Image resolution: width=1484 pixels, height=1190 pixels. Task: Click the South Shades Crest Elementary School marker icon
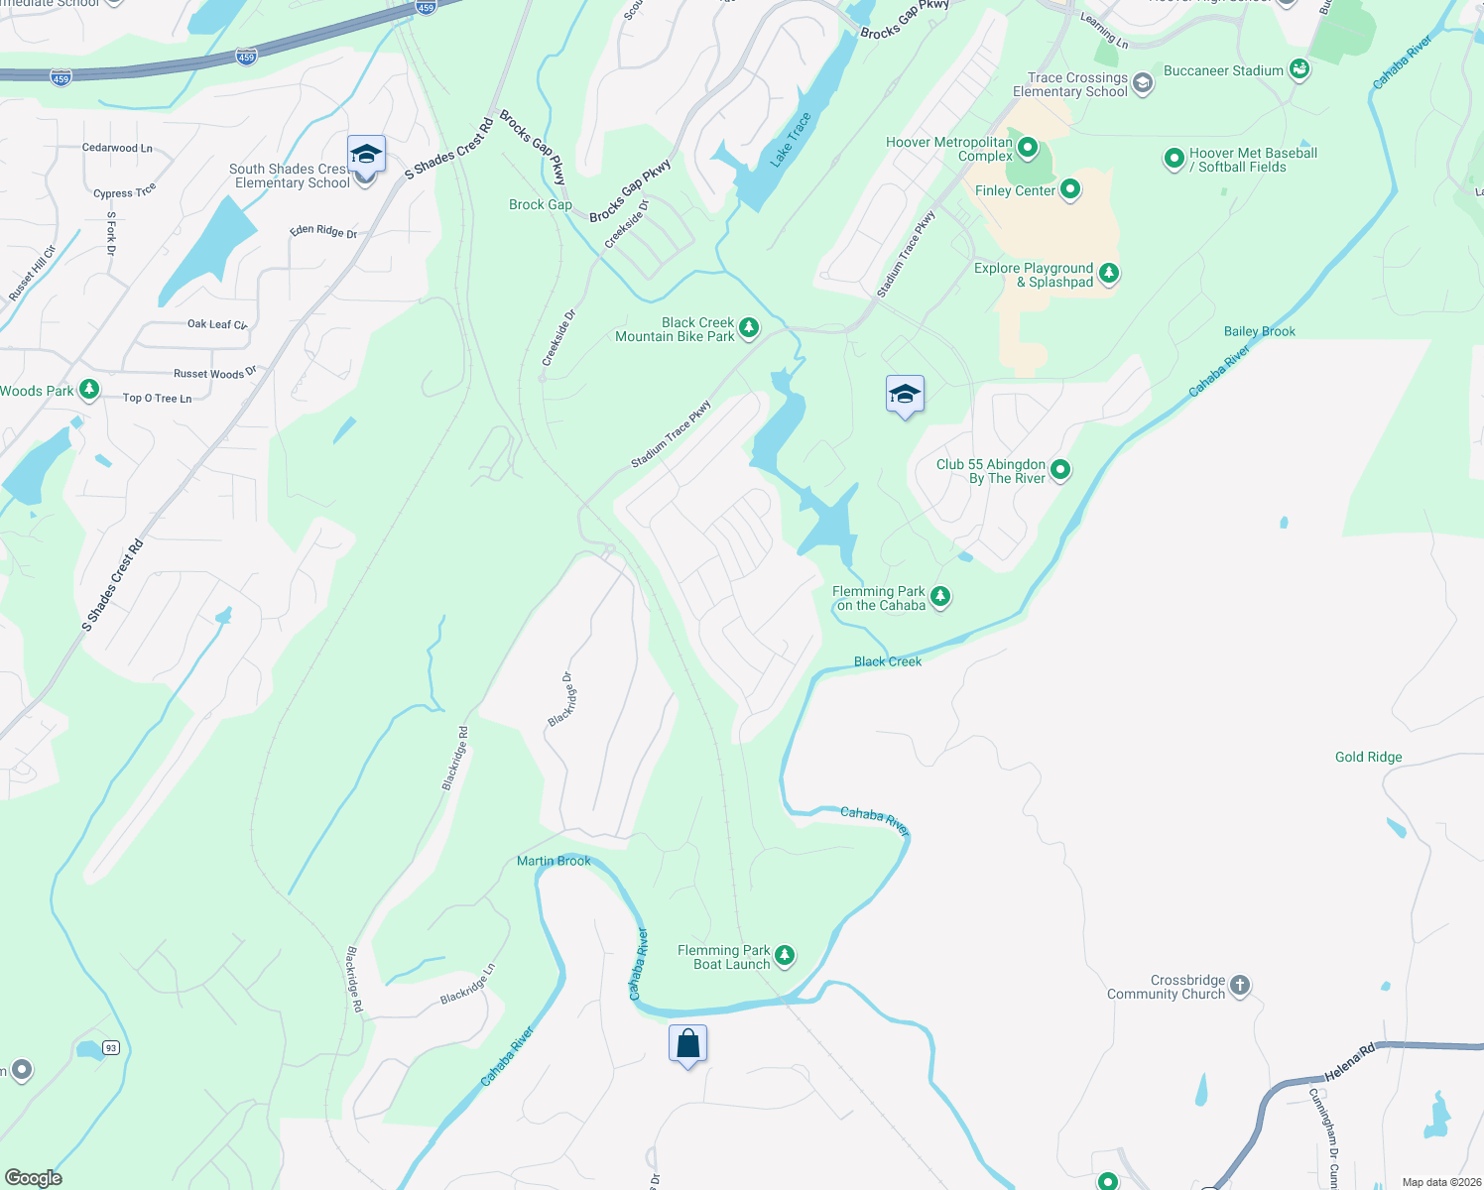pyautogui.click(x=366, y=156)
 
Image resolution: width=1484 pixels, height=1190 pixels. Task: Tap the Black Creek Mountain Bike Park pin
pyautogui.click(x=749, y=327)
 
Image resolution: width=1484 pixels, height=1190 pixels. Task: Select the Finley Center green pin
pyautogui.click(x=1070, y=189)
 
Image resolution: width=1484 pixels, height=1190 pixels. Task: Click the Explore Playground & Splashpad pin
pyautogui.click(x=1109, y=273)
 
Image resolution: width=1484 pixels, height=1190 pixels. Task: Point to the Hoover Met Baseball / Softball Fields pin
pyautogui.click(x=1174, y=158)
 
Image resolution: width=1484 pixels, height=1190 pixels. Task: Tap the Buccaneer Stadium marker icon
pyautogui.click(x=1299, y=69)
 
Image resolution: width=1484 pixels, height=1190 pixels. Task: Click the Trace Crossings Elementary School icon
pyautogui.click(x=1143, y=83)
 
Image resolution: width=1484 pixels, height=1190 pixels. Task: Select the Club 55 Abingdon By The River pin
pyautogui.click(x=1060, y=470)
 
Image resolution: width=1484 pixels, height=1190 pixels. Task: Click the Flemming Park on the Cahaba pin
pyautogui.click(x=940, y=596)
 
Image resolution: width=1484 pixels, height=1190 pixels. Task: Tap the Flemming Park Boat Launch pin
pyautogui.click(x=785, y=955)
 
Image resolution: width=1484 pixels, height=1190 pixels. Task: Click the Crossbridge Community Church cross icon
pyautogui.click(x=1240, y=986)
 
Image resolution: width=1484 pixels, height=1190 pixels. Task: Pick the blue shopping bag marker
pyautogui.click(x=687, y=1044)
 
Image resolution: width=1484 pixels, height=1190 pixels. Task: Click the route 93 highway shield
pyautogui.click(x=111, y=1048)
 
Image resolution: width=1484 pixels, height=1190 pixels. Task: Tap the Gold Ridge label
pyautogui.click(x=1368, y=757)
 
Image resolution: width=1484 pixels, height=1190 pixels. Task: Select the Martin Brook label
pyautogui.click(x=554, y=861)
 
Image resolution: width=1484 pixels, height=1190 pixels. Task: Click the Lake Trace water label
pyautogui.click(x=791, y=139)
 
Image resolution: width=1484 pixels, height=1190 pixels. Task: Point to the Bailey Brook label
pyautogui.click(x=1259, y=331)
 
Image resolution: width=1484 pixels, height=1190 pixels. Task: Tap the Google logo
pyautogui.click(x=34, y=1177)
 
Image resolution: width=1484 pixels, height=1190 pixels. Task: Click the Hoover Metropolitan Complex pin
pyautogui.click(x=1028, y=149)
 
